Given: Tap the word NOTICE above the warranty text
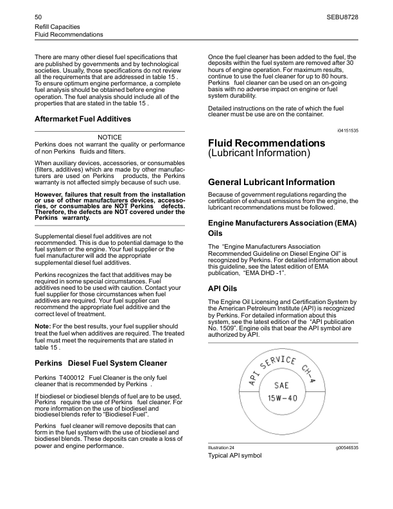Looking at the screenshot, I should click(110, 137).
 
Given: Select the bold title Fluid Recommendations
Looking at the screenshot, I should click(266, 143).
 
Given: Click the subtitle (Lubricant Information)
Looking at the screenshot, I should click(259, 154).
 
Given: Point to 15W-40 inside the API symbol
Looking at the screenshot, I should click(283, 398).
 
